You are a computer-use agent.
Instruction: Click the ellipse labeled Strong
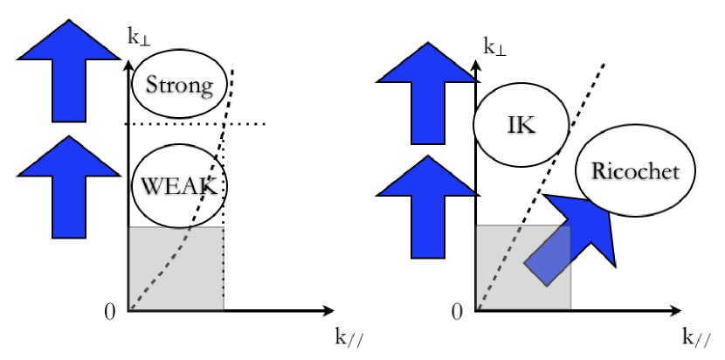tap(179, 86)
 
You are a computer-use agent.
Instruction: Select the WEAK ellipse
tap(179, 185)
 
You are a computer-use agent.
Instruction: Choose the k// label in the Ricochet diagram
tap(695, 339)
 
